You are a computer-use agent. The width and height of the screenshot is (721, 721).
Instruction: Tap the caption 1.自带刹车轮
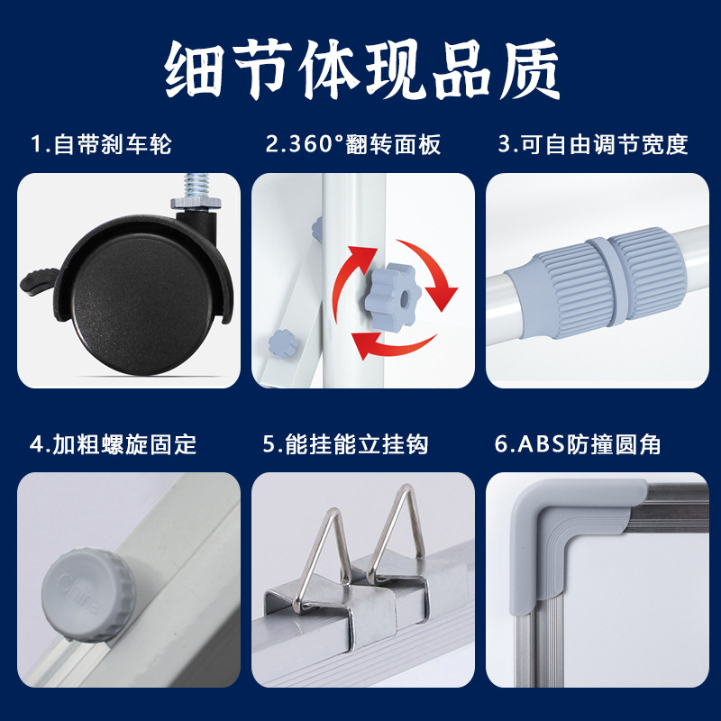[101, 144]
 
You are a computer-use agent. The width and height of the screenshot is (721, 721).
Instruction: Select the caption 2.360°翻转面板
[353, 144]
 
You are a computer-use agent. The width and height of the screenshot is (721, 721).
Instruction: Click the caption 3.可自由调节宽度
[593, 144]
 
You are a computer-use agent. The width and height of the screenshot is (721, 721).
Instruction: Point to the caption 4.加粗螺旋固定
[113, 443]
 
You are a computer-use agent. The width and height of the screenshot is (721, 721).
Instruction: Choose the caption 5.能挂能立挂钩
[345, 443]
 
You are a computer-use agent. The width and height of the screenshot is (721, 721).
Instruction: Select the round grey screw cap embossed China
[86, 589]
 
